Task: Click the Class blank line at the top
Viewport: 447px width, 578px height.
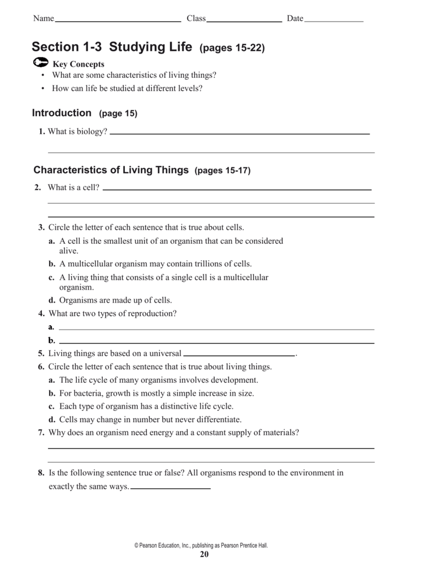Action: pos(244,21)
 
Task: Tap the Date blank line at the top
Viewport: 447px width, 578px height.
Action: pos(333,21)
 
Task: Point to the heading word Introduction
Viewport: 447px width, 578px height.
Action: pos(62,113)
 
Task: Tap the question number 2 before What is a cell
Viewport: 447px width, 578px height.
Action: pos(37,187)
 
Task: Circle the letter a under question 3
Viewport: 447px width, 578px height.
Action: pos(51,241)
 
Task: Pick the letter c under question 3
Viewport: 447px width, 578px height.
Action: pos(51,277)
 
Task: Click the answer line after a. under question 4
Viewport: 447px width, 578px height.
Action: pos(216,329)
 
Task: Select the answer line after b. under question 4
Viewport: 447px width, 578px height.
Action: pos(216,342)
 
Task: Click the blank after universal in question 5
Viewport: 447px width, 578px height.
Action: pos(240,355)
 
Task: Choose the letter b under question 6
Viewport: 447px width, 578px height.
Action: pos(51,393)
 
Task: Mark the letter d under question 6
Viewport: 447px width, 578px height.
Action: pos(51,419)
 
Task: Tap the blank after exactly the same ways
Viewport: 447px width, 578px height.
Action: pos(170,488)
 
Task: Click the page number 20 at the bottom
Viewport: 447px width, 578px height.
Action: pos(205,555)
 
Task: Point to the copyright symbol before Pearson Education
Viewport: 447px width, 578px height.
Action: pos(136,546)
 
